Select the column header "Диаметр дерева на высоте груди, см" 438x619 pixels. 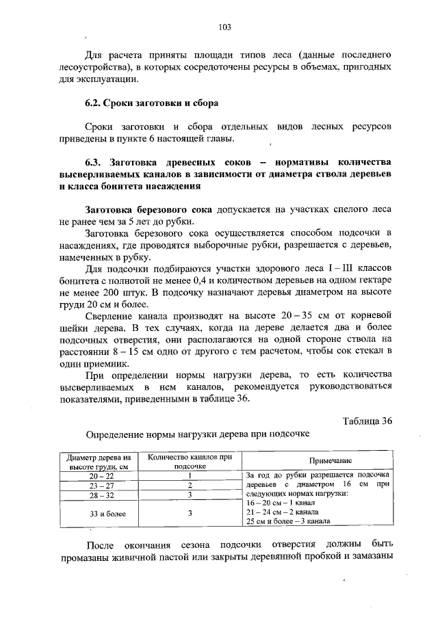(x=98, y=461)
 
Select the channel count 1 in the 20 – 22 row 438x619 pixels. (x=190, y=475)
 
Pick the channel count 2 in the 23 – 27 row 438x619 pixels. (x=190, y=485)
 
